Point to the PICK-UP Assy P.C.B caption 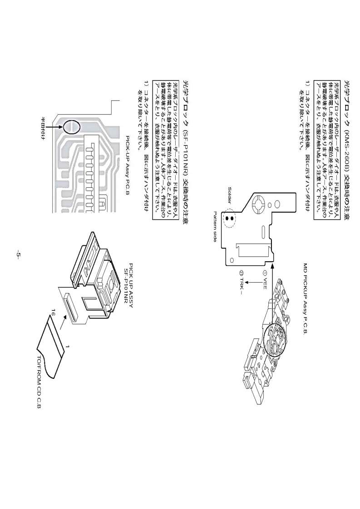click(128, 164)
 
